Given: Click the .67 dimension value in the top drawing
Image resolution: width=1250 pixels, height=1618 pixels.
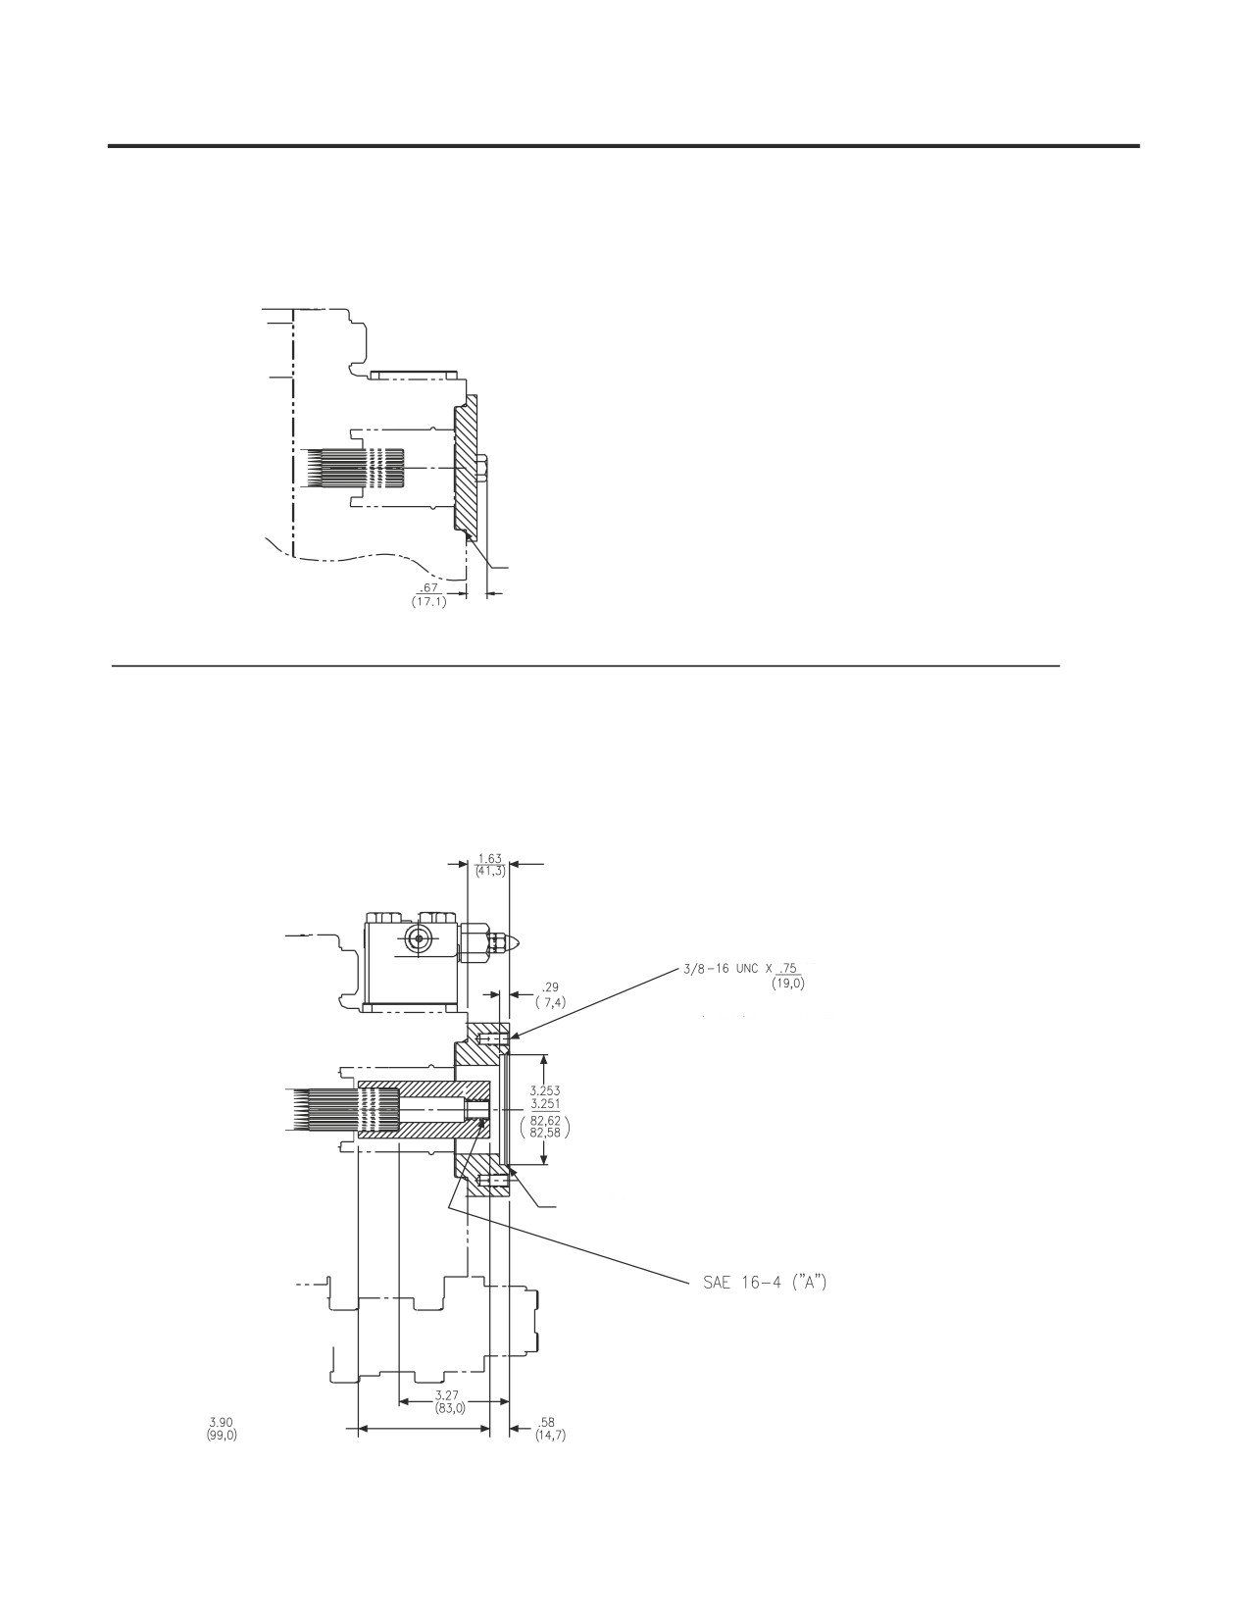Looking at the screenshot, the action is coord(428,588).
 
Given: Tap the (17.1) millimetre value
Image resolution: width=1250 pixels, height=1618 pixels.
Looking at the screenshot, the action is coord(428,602).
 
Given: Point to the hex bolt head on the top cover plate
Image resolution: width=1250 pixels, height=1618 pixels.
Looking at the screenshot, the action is coord(481,468).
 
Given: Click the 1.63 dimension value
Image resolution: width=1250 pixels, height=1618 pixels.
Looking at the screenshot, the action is coord(490,858).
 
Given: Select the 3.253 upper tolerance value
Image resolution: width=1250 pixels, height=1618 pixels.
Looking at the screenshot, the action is coord(545,1090).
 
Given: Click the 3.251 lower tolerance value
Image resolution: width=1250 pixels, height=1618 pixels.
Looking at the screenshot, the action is coord(545,1103).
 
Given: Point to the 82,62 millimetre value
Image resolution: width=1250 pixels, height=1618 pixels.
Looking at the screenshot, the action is coord(545,1120).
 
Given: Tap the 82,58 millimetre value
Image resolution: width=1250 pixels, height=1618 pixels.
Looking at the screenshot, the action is coord(545,1133).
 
